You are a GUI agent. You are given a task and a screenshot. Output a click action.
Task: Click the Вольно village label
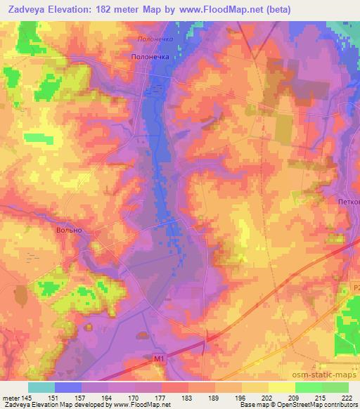click(x=70, y=230)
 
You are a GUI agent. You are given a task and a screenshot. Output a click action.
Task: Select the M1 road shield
click(x=158, y=358)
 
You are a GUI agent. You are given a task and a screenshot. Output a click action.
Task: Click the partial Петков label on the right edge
click(x=347, y=202)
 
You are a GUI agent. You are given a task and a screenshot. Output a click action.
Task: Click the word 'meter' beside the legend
click(x=10, y=397)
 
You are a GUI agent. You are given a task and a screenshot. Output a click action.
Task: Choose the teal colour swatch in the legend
click(x=41, y=387)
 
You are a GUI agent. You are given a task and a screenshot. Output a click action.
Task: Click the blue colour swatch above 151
click(x=67, y=387)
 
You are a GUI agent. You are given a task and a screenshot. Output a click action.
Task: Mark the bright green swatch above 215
click(x=309, y=387)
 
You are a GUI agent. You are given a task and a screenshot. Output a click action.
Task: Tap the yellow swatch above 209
click(x=282, y=387)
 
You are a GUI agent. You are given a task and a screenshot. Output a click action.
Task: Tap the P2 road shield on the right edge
click(x=355, y=287)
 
